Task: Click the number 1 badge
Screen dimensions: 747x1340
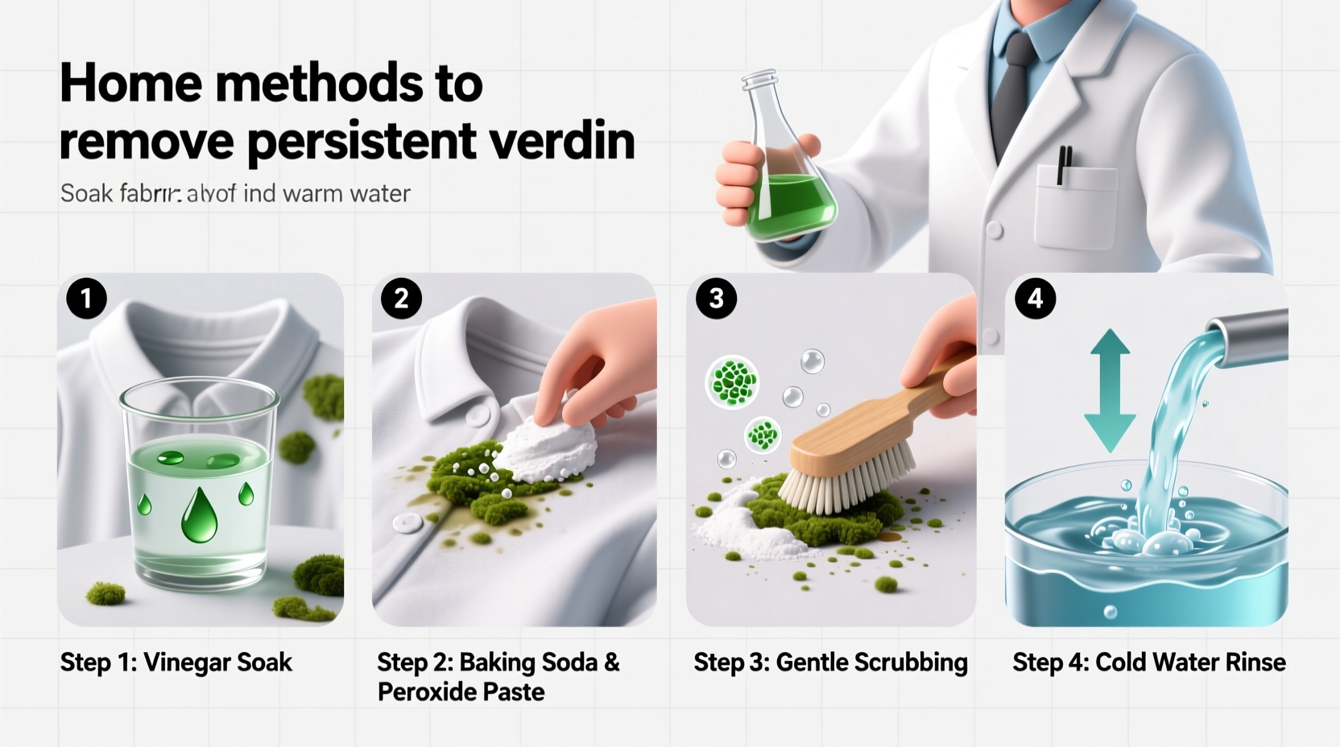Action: (x=86, y=299)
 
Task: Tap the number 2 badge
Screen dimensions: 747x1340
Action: (x=401, y=299)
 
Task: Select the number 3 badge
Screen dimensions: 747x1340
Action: (x=716, y=299)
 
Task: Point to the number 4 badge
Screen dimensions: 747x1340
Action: (x=1035, y=299)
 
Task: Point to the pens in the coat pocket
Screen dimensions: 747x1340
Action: (x=1065, y=165)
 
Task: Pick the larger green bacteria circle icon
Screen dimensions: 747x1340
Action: (x=732, y=382)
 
